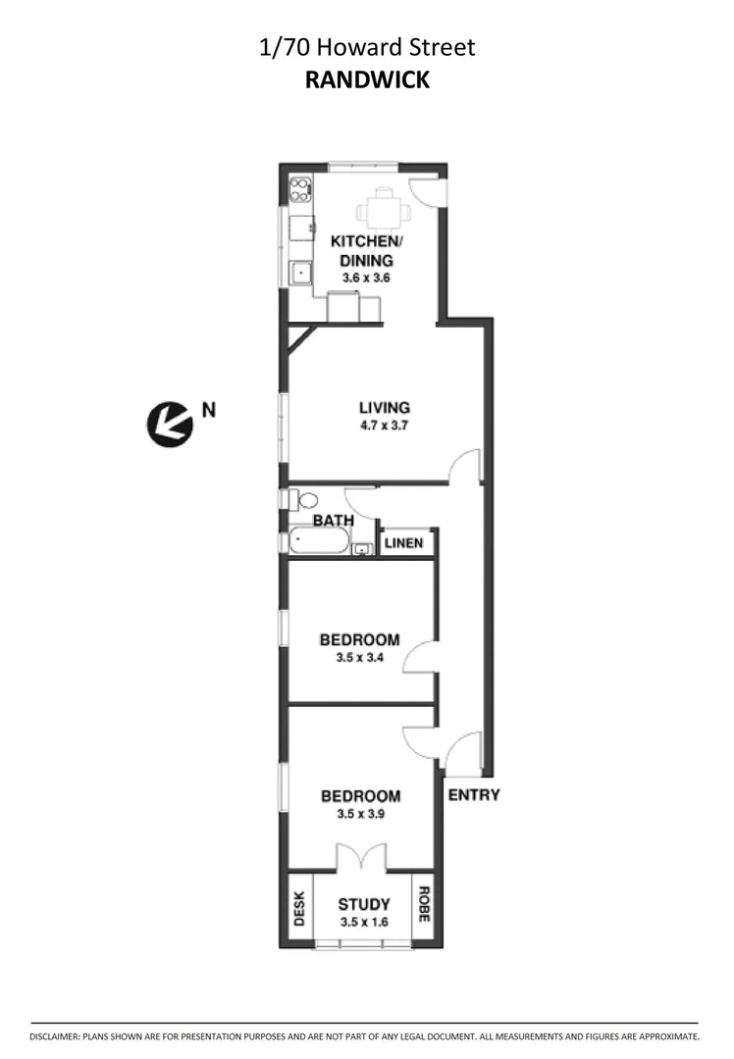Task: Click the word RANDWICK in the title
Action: (x=367, y=80)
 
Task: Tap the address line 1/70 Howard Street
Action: (x=367, y=47)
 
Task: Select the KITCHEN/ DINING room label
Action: (x=366, y=251)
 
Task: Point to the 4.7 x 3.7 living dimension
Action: (x=384, y=426)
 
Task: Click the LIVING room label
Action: (x=384, y=408)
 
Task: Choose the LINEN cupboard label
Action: (x=404, y=543)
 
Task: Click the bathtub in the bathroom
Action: (x=318, y=541)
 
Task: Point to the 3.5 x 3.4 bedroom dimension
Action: (x=359, y=658)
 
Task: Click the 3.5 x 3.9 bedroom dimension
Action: (x=360, y=814)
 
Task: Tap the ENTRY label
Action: (x=474, y=795)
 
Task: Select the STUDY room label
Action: (x=363, y=904)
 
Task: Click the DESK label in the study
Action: (x=299, y=908)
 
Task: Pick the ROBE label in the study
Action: (x=424, y=906)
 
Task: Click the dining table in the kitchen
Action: (x=383, y=209)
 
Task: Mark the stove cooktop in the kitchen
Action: (x=301, y=188)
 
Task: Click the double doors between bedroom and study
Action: (x=361, y=859)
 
